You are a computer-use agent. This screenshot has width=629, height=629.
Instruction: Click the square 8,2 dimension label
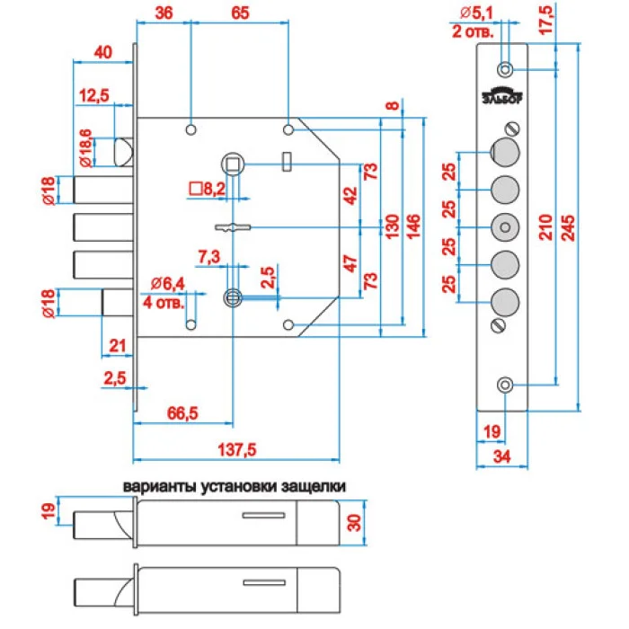click(207, 189)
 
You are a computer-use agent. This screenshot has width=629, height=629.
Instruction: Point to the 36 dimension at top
click(164, 13)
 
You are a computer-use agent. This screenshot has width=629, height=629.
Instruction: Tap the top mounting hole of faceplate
click(506, 69)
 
